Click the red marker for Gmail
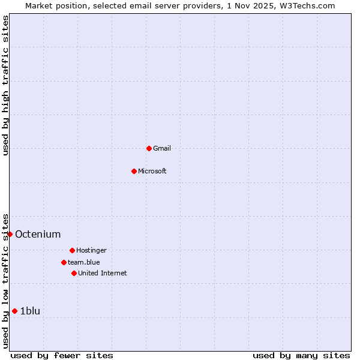click(149, 148)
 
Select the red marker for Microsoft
click(134, 171)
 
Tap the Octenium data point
click(10, 234)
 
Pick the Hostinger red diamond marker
click(72, 250)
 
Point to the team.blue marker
click(64, 262)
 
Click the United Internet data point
click(74, 273)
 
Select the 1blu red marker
click(14, 311)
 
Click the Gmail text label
click(162, 148)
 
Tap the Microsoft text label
click(152, 171)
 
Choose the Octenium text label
click(38, 234)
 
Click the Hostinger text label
click(91, 250)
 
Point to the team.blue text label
click(84, 262)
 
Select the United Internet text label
click(103, 273)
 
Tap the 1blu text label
click(30, 311)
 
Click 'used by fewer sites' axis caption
click(62, 355)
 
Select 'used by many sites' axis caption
click(301, 355)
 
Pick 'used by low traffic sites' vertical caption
click(5, 280)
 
